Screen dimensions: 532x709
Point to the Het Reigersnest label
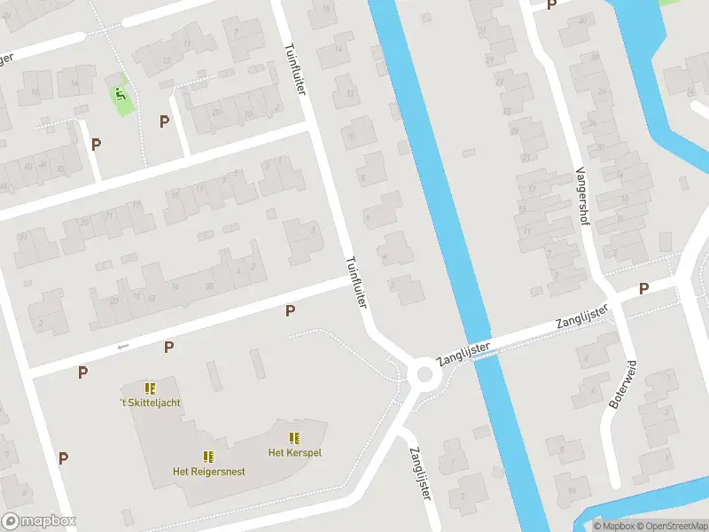point(209,471)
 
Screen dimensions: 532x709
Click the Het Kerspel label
point(294,452)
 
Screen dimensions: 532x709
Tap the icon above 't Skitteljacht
point(150,388)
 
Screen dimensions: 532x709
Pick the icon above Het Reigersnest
point(208,457)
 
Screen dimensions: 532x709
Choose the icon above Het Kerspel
point(294,438)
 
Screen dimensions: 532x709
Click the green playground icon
point(121,93)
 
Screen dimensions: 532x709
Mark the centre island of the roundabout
point(425,374)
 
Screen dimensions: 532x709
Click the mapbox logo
point(39,521)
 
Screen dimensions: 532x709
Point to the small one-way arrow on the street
point(123,347)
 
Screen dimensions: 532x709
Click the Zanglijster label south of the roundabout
point(420,474)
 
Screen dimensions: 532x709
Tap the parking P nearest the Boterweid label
point(644,289)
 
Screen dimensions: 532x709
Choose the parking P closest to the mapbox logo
point(63,458)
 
